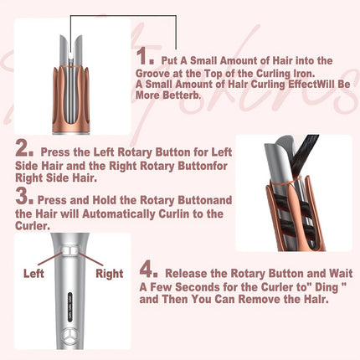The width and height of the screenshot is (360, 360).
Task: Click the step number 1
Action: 147,57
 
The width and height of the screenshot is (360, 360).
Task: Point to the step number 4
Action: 147,270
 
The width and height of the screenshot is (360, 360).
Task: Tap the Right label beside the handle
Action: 110,273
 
